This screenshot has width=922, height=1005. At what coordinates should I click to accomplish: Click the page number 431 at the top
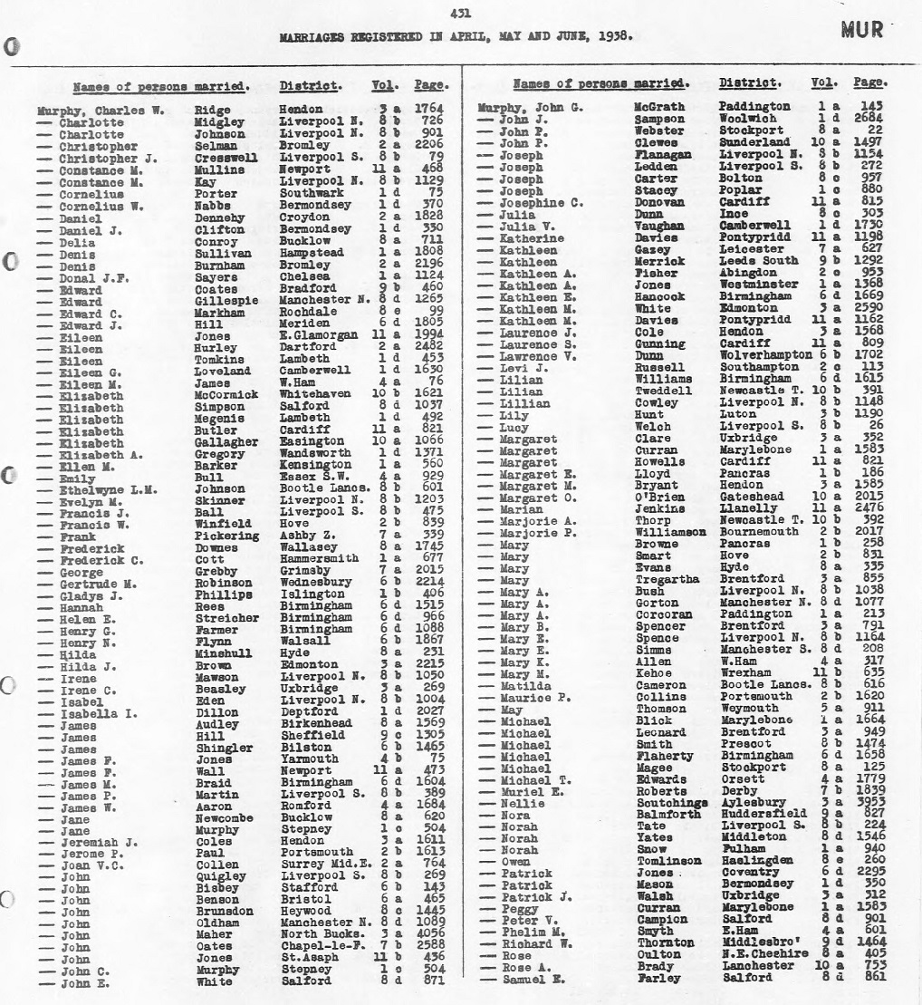point(460,13)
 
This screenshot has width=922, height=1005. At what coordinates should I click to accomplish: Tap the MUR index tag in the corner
point(861,30)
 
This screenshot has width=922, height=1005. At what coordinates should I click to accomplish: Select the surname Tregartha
point(667,579)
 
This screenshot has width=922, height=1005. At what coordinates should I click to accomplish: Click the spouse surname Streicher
point(226,618)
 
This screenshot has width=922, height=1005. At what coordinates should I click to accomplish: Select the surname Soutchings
point(671,803)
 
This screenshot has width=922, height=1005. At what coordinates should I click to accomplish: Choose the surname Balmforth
point(668,815)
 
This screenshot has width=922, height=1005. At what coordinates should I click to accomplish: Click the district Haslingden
point(756,861)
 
